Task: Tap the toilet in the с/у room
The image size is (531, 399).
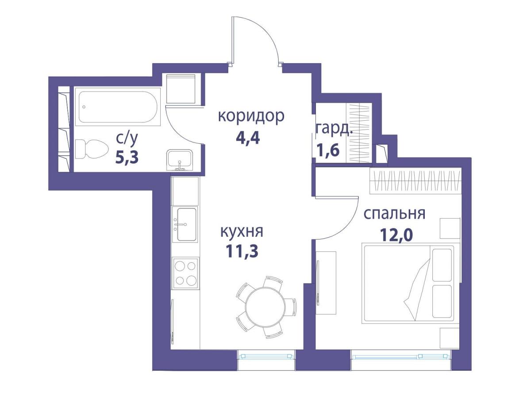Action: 91,149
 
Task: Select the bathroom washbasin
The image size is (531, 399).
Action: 180,160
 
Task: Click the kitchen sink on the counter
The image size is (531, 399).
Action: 186,224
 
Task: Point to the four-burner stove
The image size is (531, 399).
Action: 185,273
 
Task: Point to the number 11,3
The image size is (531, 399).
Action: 242,251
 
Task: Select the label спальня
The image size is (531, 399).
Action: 394,214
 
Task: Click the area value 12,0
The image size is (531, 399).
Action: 396,234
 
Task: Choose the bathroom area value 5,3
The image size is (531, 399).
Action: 127,157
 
